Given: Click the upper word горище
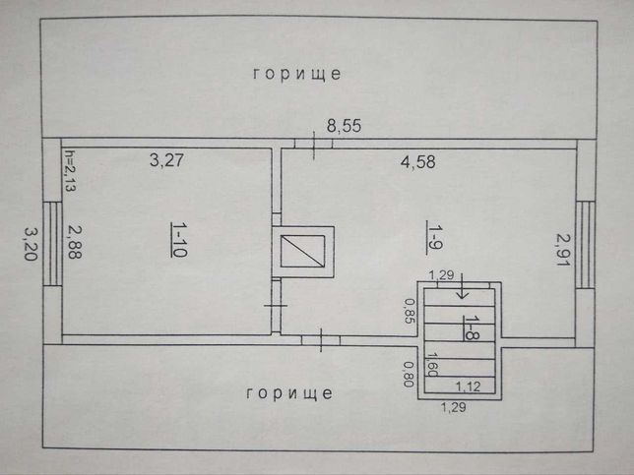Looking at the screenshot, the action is pos(297,74).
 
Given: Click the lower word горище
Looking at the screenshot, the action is pos(289,393).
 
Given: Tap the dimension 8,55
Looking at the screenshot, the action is pos(344,126).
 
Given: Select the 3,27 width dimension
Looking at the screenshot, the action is pos(166,160).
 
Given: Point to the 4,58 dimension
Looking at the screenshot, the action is pos(418,162).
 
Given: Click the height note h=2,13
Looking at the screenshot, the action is pos(70,170).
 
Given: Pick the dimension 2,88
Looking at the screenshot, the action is pos(75,242).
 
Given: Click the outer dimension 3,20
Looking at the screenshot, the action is pos(32,244).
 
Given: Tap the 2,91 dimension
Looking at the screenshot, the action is pos(563,249).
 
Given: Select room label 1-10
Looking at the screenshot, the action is pos(178,240).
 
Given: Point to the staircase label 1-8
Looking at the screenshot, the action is pos(471,327).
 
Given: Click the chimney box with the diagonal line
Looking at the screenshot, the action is pos(303,252).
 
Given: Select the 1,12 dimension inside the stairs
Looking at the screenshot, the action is pos(469,386).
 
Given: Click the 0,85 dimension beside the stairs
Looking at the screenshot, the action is pos(410,311).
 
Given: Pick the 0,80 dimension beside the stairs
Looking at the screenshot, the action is pos(409,374).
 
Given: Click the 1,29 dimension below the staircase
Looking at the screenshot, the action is pos(453,407).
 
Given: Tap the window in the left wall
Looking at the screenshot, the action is pos(52,244).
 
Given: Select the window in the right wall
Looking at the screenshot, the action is pos(586,244).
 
